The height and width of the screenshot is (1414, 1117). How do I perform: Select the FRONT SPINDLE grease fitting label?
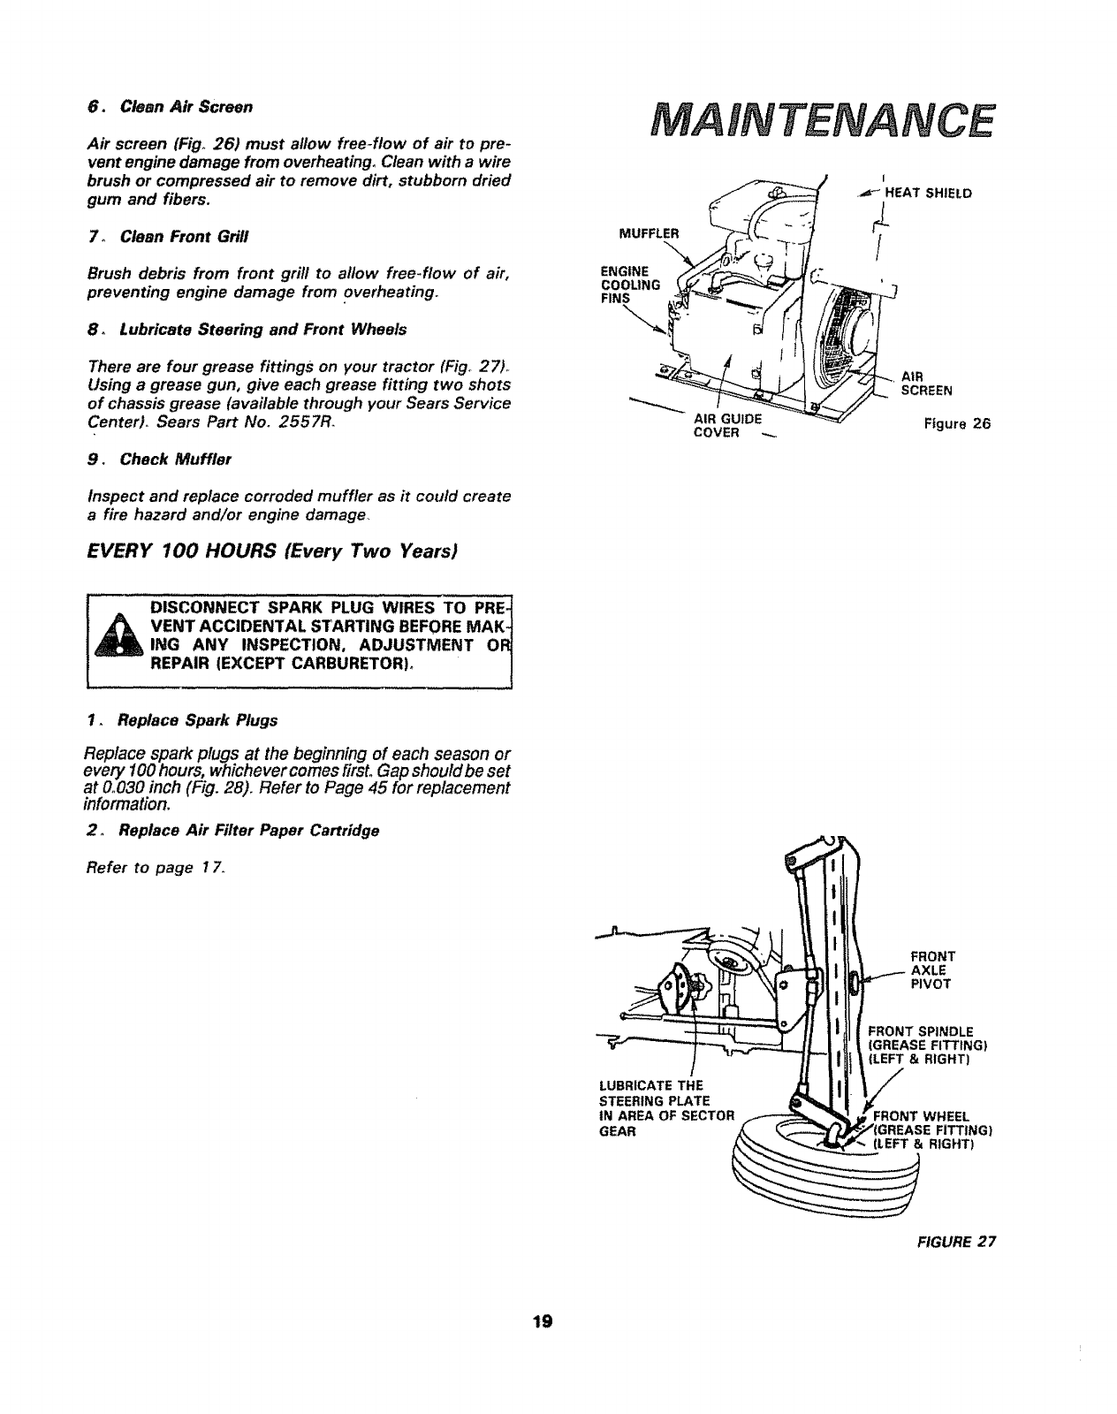click(x=926, y=1044)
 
